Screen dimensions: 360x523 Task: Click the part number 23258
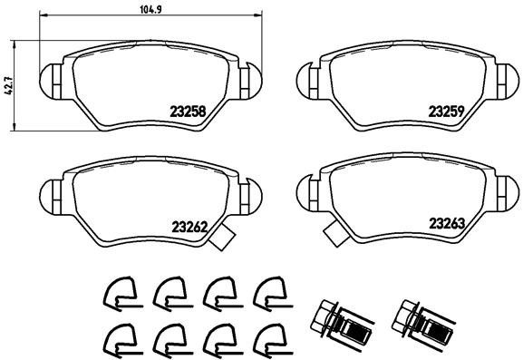[187, 112]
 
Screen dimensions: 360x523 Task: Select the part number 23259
[446, 112]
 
